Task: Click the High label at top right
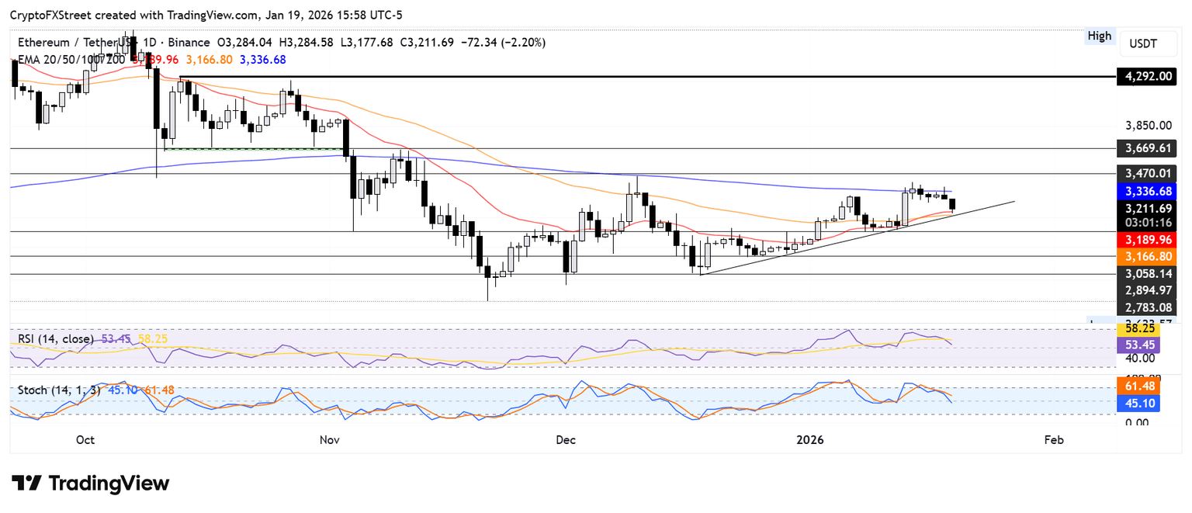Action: (1100, 36)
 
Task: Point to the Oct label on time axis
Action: (85, 440)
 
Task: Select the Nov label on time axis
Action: (330, 440)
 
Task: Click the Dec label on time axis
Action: (566, 440)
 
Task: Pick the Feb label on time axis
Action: (1053, 440)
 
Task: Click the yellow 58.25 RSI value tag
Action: (1139, 329)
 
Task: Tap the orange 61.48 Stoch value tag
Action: (1139, 386)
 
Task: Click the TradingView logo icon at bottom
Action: (26, 484)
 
